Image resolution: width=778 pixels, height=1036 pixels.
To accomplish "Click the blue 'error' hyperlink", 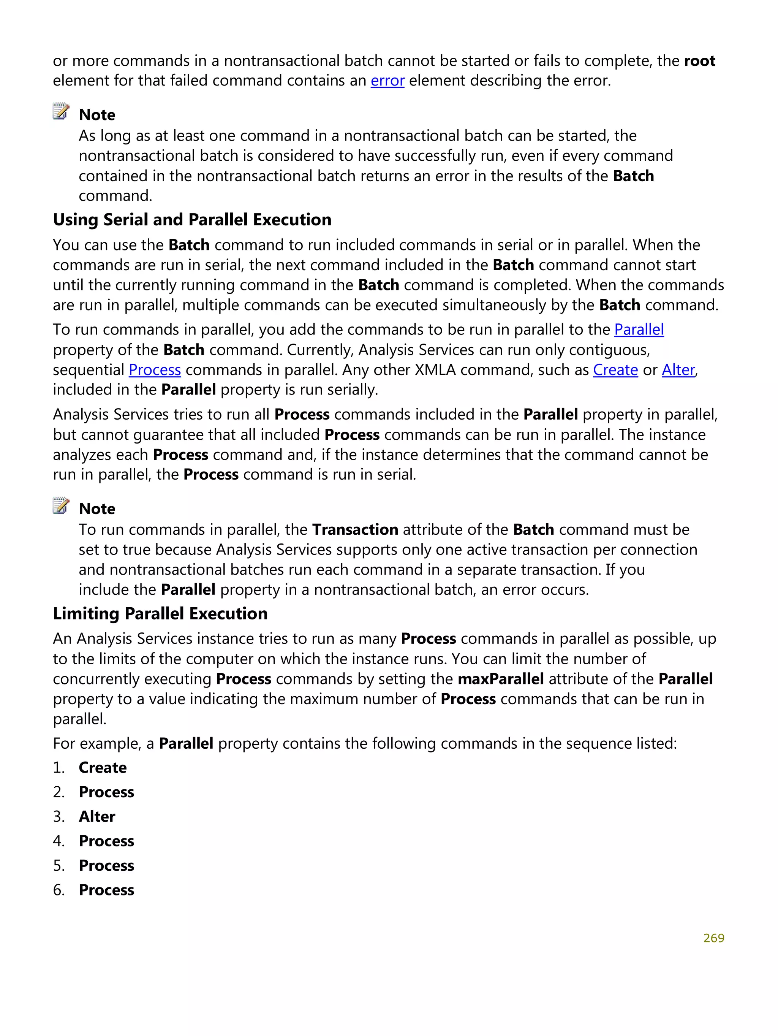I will (387, 81).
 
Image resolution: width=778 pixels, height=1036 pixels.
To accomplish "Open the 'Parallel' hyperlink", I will (639, 330).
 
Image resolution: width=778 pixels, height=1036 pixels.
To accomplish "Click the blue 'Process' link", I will (155, 370).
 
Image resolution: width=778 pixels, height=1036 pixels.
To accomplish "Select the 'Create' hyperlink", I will (615, 370).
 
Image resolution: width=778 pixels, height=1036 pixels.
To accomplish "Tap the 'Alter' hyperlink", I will (678, 370).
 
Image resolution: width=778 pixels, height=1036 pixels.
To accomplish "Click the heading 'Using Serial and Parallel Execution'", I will (192, 220).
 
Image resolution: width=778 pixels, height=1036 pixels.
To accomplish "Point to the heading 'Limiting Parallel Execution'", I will (160, 613).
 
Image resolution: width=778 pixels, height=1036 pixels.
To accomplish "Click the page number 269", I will (713, 938).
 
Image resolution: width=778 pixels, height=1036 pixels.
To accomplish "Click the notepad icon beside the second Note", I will (61, 506).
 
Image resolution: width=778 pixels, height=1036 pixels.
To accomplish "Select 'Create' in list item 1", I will (103, 768).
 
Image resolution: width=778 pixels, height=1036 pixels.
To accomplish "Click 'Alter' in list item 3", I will (97, 816).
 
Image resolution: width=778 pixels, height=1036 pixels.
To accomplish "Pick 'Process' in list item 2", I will (106, 792).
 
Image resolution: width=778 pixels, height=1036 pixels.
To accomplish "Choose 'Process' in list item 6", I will (106, 890).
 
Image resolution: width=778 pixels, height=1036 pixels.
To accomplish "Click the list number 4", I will (59, 841).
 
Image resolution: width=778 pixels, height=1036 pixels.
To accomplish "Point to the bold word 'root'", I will (699, 61).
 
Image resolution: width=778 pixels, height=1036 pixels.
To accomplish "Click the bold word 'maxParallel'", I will (500, 679).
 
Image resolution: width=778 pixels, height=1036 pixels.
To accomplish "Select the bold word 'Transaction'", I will (355, 530).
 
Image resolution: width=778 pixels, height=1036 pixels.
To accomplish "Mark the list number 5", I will (59, 865).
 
